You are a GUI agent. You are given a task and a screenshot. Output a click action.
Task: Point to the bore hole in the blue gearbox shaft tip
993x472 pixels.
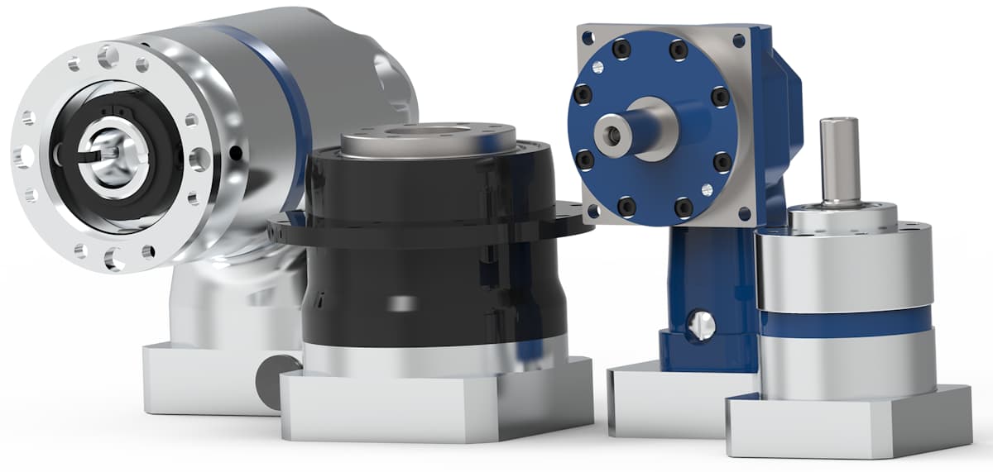click(x=610, y=133)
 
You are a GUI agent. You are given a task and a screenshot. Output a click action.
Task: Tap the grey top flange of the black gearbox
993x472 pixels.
click(x=429, y=141)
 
